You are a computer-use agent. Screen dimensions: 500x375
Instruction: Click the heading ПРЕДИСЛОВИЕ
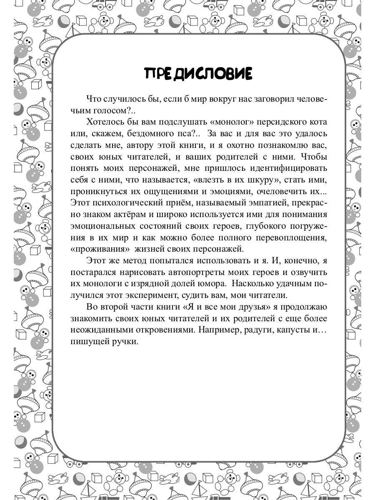pos(198,73)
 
